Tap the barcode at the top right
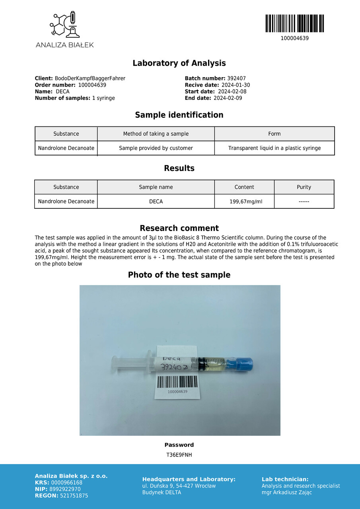[x=294, y=23]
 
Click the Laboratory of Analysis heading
[x=179, y=63]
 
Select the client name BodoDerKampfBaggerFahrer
[x=90, y=79]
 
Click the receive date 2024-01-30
[x=235, y=85]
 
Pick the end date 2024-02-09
[x=228, y=98]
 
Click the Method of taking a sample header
[x=156, y=134]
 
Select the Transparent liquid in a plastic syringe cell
[x=274, y=148]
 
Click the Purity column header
[x=304, y=187]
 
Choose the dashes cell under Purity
[x=304, y=202]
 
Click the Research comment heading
[x=179, y=228]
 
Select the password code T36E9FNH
[x=179, y=455]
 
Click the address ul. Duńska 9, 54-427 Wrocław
[x=179, y=486]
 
